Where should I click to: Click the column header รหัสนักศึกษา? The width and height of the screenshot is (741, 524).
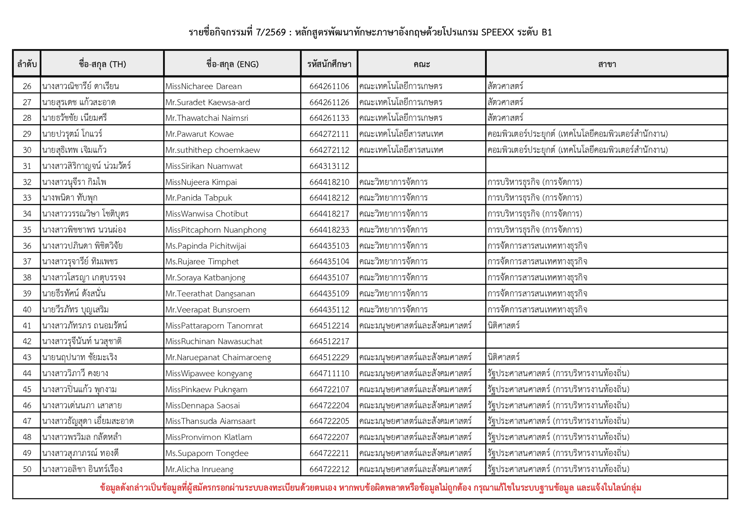(x=329, y=64)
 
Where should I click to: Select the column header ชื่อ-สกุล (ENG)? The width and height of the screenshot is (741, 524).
(x=232, y=64)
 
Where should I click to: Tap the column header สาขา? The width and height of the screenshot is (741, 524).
(x=607, y=64)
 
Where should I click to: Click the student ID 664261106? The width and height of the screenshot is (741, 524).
(x=329, y=86)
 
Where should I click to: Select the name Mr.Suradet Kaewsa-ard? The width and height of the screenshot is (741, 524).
(x=208, y=102)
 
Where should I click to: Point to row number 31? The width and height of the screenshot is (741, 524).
(x=27, y=166)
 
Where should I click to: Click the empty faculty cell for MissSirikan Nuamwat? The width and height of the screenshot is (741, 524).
(x=421, y=166)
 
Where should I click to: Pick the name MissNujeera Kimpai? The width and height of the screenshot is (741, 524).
(x=201, y=182)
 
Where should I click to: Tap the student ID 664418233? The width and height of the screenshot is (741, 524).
(x=329, y=230)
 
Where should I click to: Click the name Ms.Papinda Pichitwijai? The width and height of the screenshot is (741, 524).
(x=206, y=246)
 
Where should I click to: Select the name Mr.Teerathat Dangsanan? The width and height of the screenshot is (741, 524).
(x=210, y=293)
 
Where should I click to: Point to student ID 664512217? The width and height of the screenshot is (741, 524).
(x=329, y=341)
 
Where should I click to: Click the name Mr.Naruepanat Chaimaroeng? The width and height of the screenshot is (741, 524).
(x=218, y=357)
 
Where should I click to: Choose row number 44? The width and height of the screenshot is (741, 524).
(x=27, y=373)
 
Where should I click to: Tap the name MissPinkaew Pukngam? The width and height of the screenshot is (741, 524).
(x=206, y=389)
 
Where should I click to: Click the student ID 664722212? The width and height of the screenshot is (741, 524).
(x=329, y=469)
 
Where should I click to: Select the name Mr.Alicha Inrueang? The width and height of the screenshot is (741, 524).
(x=199, y=469)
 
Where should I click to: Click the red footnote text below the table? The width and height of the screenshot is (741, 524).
(x=370, y=488)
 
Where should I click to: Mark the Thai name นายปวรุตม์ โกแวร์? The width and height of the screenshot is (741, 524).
(x=72, y=134)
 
